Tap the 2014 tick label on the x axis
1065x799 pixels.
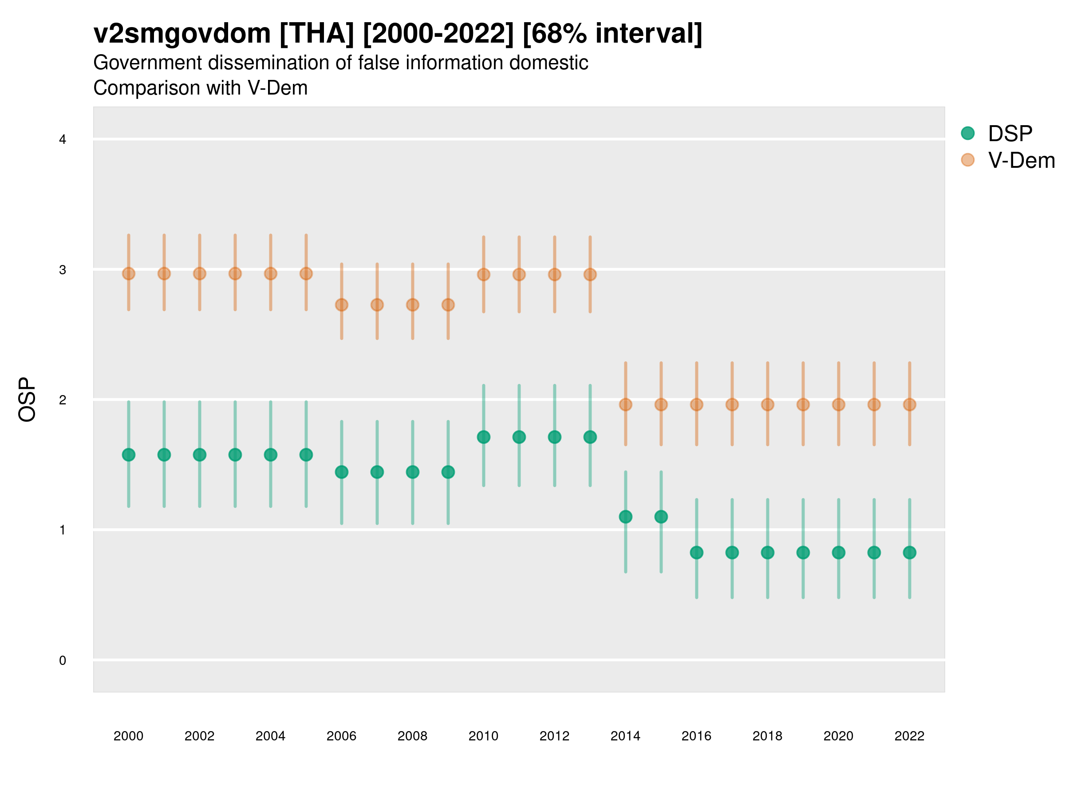[625, 736]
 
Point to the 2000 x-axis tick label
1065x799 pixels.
[128, 736]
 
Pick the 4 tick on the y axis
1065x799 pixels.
[63, 140]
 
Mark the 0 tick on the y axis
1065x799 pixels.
[63, 661]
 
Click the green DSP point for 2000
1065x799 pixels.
[129, 455]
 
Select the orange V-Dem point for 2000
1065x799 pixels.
[129, 273]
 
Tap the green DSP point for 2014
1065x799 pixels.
[625, 517]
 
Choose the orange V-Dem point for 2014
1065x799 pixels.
[625, 404]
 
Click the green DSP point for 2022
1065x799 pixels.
[910, 552]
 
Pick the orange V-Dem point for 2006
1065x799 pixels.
[341, 305]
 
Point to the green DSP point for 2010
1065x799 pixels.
[483, 437]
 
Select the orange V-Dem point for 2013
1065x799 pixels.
[590, 274]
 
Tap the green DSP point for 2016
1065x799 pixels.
[696, 552]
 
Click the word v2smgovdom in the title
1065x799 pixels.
[182, 34]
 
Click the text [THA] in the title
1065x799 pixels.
[316, 34]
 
